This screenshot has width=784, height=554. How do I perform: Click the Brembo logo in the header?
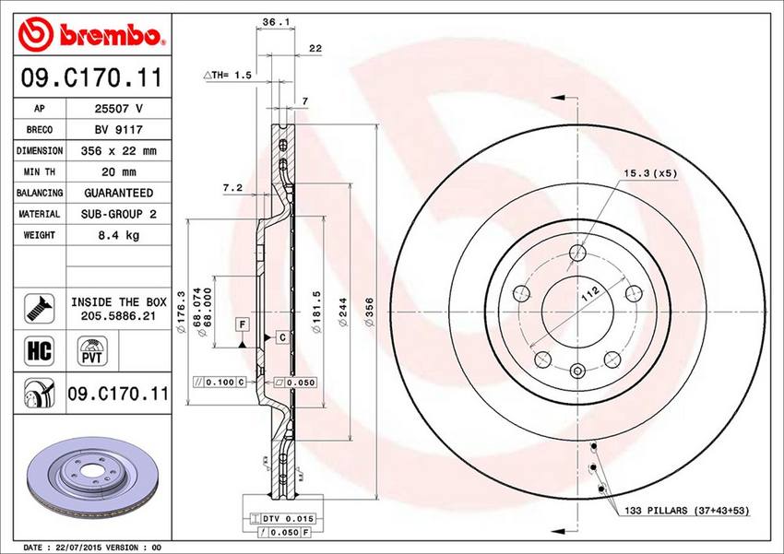(90, 34)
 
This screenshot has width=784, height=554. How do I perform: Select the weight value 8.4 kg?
(118, 235)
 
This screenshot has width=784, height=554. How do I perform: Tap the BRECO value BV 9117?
(118, 130)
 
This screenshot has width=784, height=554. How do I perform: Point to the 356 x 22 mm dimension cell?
(118, 151)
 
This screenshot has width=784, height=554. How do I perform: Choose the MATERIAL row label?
(39, 214)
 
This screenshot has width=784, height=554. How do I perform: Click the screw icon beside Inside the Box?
(39, 308)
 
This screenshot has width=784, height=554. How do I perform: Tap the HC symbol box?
(39, 350)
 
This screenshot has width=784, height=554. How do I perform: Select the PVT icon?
(92, 350)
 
